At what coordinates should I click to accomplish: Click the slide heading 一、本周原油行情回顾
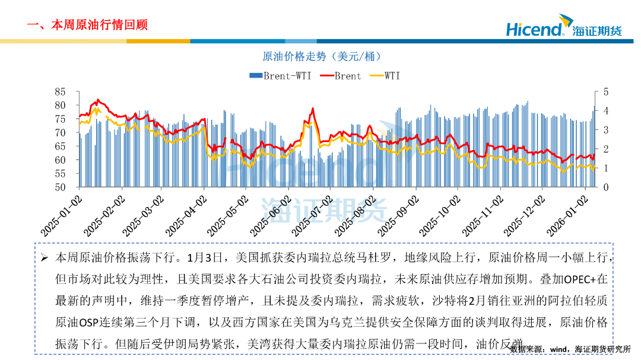pos(87,25)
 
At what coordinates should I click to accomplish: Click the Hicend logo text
pos(534,29)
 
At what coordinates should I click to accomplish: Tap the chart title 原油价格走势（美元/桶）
pos(321,56)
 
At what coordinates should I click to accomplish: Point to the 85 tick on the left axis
pos(59,92)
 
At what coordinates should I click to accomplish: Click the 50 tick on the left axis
pos(59,187)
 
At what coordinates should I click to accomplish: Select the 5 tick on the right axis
pos(606,92)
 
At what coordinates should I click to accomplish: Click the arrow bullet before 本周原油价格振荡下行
pos(45,259)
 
